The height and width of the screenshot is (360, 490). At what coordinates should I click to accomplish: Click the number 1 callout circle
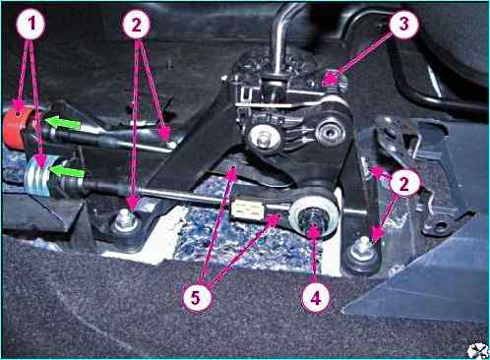tap(31, 24)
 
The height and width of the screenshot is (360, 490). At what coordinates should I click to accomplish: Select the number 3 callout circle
tap(403, 24)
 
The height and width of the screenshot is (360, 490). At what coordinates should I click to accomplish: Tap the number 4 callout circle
tap(316, 298)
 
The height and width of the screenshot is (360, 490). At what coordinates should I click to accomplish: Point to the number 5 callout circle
tap(196, 298)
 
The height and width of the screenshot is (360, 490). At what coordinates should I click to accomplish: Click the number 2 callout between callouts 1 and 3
tap(137, 25)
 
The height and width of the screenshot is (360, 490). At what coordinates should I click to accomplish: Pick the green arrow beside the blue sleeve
tap(68, 171)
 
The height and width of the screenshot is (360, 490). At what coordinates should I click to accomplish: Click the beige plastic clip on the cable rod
tap(247, 210)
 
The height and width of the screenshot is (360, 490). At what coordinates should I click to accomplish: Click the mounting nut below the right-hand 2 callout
tap(362, 251)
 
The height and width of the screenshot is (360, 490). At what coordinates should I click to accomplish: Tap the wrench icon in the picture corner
tap(477, 350)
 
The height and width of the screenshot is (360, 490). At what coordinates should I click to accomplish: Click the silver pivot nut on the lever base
tap(263, 139)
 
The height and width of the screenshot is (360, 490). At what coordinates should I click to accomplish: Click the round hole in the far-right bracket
tap(441, 226)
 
